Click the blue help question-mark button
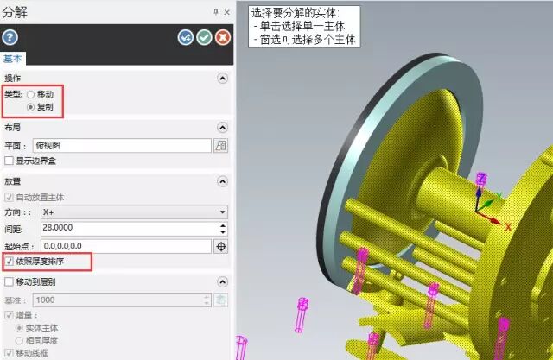10,37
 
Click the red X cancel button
223,37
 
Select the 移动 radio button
31,94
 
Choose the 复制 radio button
31,107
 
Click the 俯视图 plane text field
122,146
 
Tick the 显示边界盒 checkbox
9,161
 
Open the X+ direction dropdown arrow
222,212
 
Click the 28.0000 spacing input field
130,228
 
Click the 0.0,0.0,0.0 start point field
126,246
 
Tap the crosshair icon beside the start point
221,247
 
